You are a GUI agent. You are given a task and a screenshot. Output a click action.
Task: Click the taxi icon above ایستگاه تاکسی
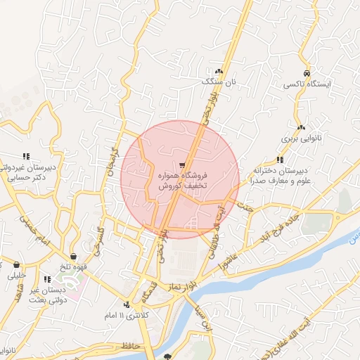coord(307,73)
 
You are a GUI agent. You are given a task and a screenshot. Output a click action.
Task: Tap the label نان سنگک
coord(217,82)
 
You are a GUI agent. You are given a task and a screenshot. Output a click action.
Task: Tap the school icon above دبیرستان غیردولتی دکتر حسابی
coord(26,156)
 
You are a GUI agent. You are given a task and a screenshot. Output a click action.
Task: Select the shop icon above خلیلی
coord(16,265)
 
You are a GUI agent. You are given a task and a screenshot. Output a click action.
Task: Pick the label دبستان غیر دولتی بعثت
coord(47,294)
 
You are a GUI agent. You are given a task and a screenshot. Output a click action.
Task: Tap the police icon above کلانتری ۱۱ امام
coord(127,304)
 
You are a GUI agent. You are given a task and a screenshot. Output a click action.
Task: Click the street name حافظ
coord(131,346)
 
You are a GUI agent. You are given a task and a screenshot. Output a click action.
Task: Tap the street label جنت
coord(245,207)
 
